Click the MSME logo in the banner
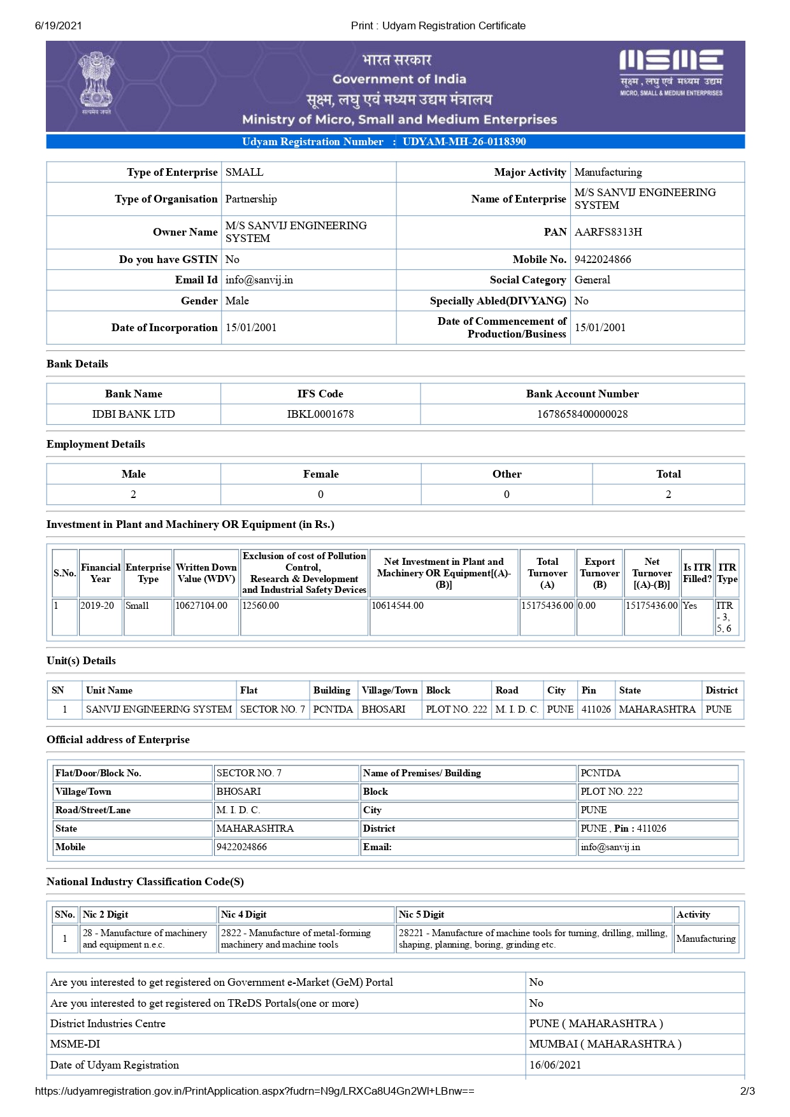(x=671, y=72)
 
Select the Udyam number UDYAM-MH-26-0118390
(x=464, y=141)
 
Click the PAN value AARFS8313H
(x=608, y=232)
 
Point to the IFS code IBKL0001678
(x=320, y=414)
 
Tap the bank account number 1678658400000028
(x=582, y=414)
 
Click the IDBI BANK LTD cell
(x=133, y=414)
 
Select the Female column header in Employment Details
(x=320, y=474)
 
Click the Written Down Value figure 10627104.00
(x=201, y=606)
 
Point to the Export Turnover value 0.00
(x=587, y=606)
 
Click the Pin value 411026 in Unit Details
(x=596, y=709)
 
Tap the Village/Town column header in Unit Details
(x=389, y=690)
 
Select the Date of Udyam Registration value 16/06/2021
(x=555, y=1065)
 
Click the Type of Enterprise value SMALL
(x=244, y=172)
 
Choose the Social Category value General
(x=592, y=280)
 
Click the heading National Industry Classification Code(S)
(x=145, y=881)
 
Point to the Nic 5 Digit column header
(x=421, y=914)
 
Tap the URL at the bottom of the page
(x=254, y=1091)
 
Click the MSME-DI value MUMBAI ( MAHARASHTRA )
(x=605, y=1044)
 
